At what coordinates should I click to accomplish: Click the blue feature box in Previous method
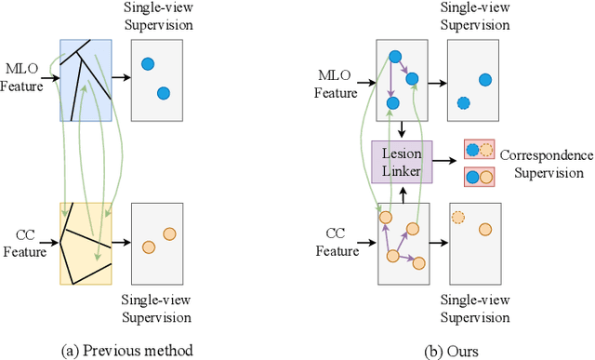tap(86, 81)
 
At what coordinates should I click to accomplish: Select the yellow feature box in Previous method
tap(86, 243)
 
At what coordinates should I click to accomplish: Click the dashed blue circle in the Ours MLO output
tap(464, 103)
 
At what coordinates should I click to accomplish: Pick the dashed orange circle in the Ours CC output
tap(457, 218)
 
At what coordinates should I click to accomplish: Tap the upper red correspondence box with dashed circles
tap(480, 151)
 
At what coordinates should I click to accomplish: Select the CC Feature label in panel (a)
tap(22, 243)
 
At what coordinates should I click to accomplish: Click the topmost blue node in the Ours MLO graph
tap(395, 56)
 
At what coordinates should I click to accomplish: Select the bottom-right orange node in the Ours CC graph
tap(418, 263)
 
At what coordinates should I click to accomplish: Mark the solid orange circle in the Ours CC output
tap(484, 229)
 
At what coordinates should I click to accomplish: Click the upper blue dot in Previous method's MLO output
tap(147, 64)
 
